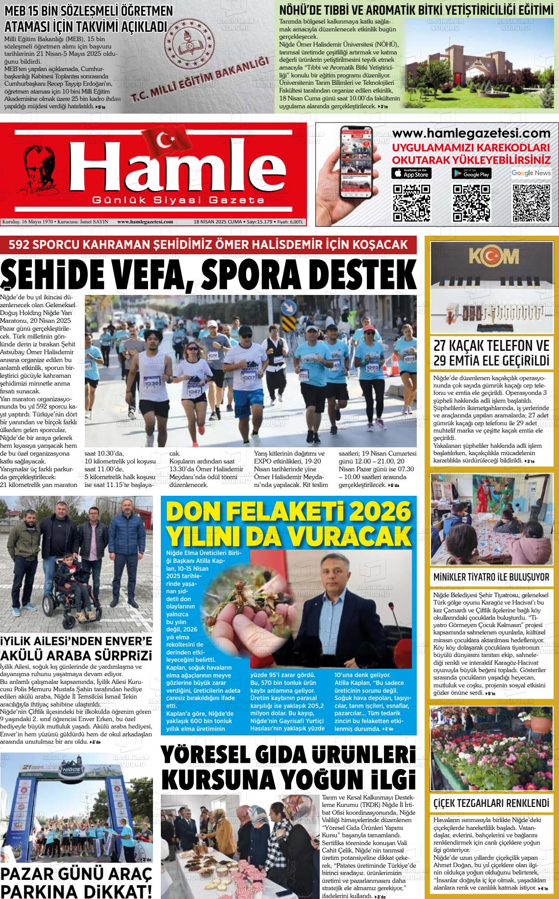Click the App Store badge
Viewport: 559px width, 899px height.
point(412,173)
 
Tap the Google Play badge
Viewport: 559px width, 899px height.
point(471,173)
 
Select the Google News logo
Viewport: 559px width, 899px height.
point(531,173)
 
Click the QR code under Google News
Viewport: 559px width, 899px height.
point(531,203)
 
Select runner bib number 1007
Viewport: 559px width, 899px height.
point(248,378)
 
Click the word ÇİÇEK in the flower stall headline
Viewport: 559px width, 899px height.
point(449,803)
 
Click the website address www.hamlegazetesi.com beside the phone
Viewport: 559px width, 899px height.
point(471,134)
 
